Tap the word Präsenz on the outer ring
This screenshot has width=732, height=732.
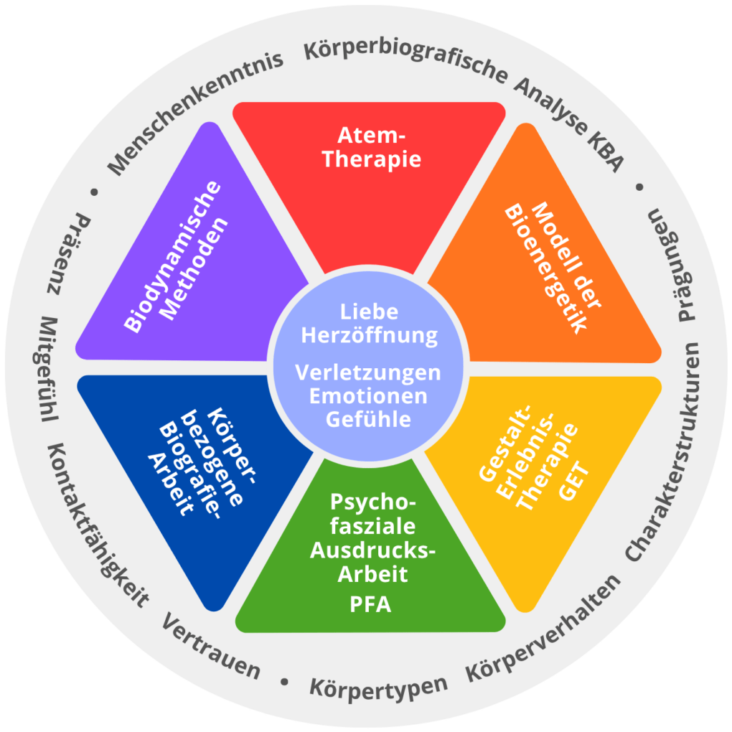(x=69, y=254)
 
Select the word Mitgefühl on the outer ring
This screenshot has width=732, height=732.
(x=46, y=369)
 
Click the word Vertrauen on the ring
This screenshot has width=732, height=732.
(x=211, y=646)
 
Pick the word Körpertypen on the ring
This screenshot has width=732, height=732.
(x=379, y=688)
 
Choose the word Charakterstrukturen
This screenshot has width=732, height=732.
(x=663, y=452)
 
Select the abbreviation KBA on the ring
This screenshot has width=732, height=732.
(x=605, y=150)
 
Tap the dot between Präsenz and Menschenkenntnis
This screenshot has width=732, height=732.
(x=94, y=192)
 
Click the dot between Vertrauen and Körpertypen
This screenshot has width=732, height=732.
(x=285, y=682)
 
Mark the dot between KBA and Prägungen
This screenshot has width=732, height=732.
(x=640, y=187)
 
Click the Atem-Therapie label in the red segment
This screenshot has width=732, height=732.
(x=372, y=147)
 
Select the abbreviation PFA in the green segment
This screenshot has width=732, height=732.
(x=371, y=605)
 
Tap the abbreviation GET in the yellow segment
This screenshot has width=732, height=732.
(x=574, y=481)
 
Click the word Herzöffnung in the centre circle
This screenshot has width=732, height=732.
(x=370, y=336)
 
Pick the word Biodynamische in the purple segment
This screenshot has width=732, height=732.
(x=172, y=257)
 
